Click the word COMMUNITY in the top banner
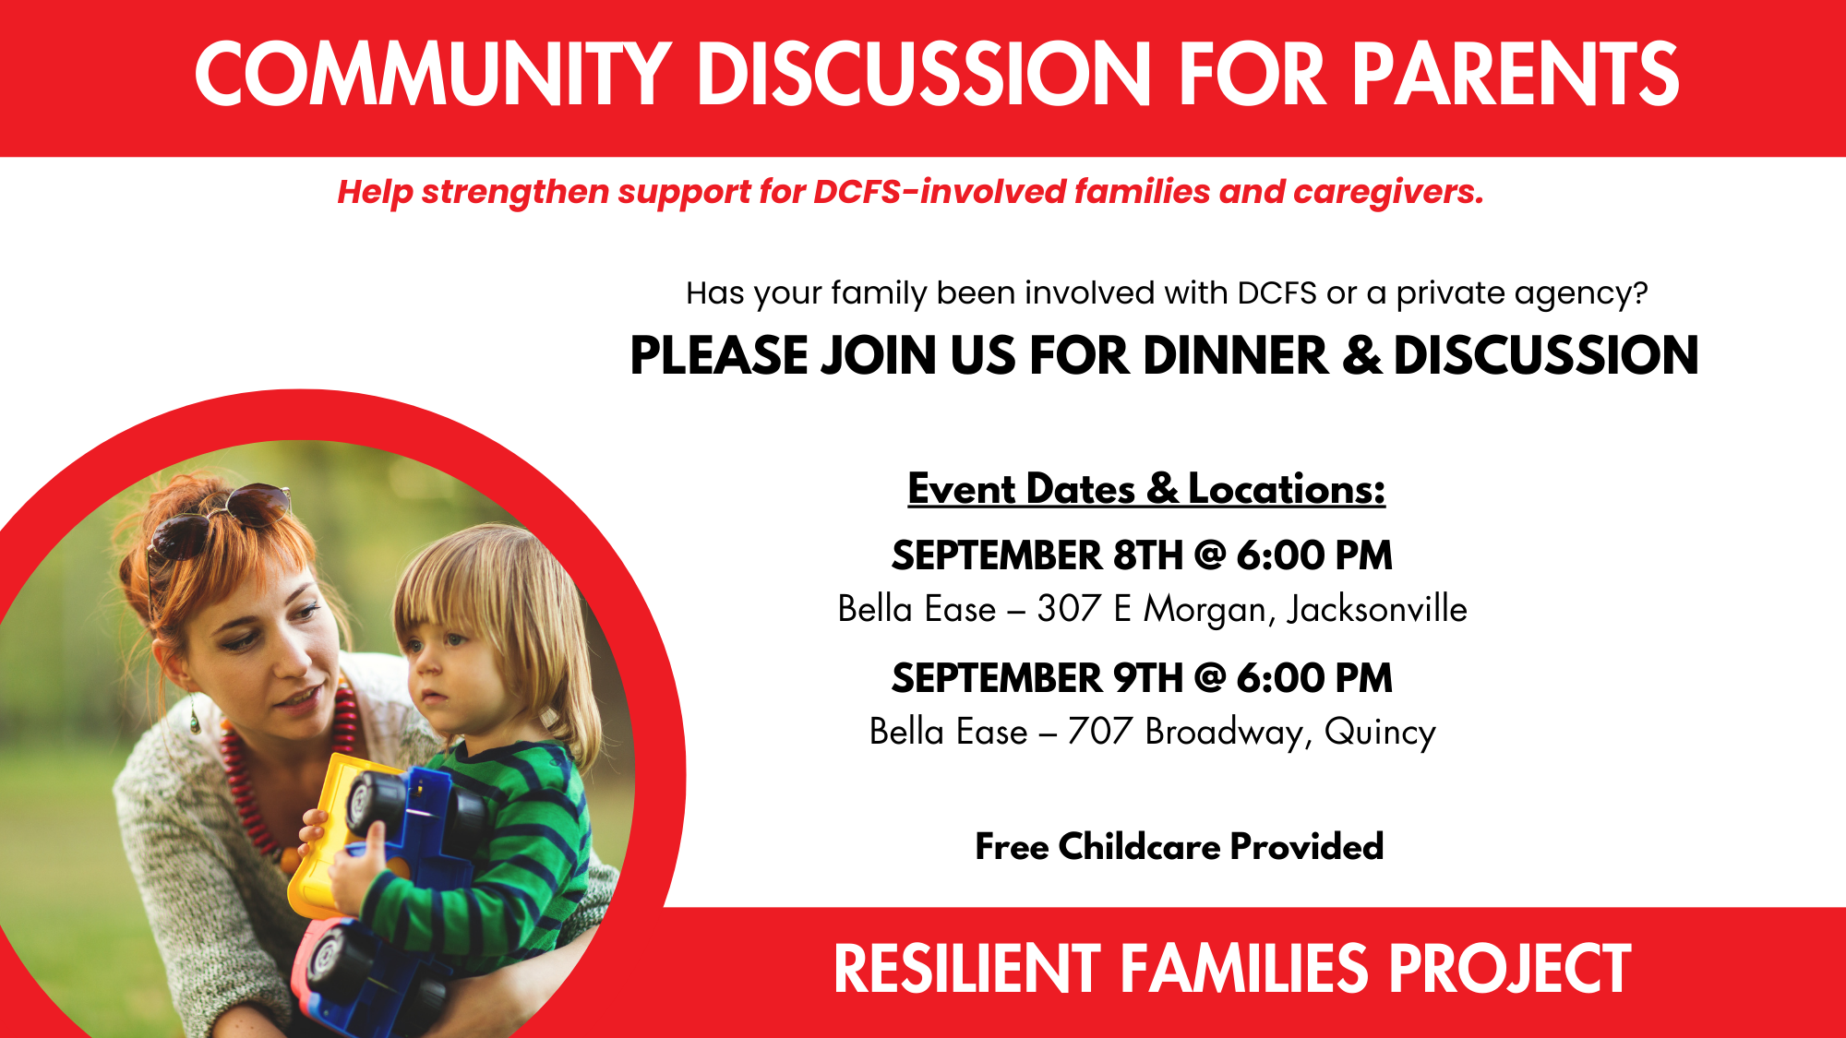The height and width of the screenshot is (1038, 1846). [x=433, y=74]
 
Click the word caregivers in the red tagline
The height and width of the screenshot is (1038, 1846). [x=1388, y=193]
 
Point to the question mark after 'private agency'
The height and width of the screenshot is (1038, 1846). [x=1639, y=292]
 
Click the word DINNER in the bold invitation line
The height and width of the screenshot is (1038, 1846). [x=1236, y=355]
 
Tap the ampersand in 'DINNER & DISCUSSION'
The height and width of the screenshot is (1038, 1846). [x=1362, y=355]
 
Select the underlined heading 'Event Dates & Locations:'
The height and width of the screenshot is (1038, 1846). [x=1146, y=488]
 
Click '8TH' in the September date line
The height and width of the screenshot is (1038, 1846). [x=1147, y=555]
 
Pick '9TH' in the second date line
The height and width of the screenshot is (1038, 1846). [x=1147, y=678]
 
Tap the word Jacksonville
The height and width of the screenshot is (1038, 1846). [x=1377, y=610]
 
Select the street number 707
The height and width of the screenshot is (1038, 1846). [x=1099, y=732]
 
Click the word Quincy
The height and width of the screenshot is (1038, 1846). [x=1380, y=733]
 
